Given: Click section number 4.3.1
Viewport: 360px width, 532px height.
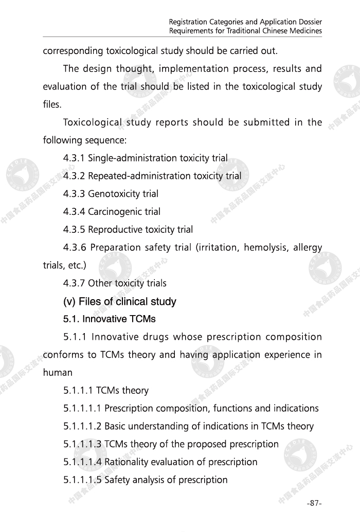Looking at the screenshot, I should tap(74, 158).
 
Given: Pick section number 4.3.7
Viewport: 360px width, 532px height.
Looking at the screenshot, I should tap(74, 283).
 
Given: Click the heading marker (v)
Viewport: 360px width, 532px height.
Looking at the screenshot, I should tap(69, 302).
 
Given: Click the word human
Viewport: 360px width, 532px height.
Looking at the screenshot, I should tap(58, 373).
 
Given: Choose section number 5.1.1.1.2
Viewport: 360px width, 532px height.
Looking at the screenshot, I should tap(82, 426).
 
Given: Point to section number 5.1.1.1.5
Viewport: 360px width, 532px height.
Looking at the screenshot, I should tap(82, 480).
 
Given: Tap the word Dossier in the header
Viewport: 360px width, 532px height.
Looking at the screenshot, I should tap(308, 22).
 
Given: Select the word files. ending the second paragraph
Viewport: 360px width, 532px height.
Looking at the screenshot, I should tap(52, 105).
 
